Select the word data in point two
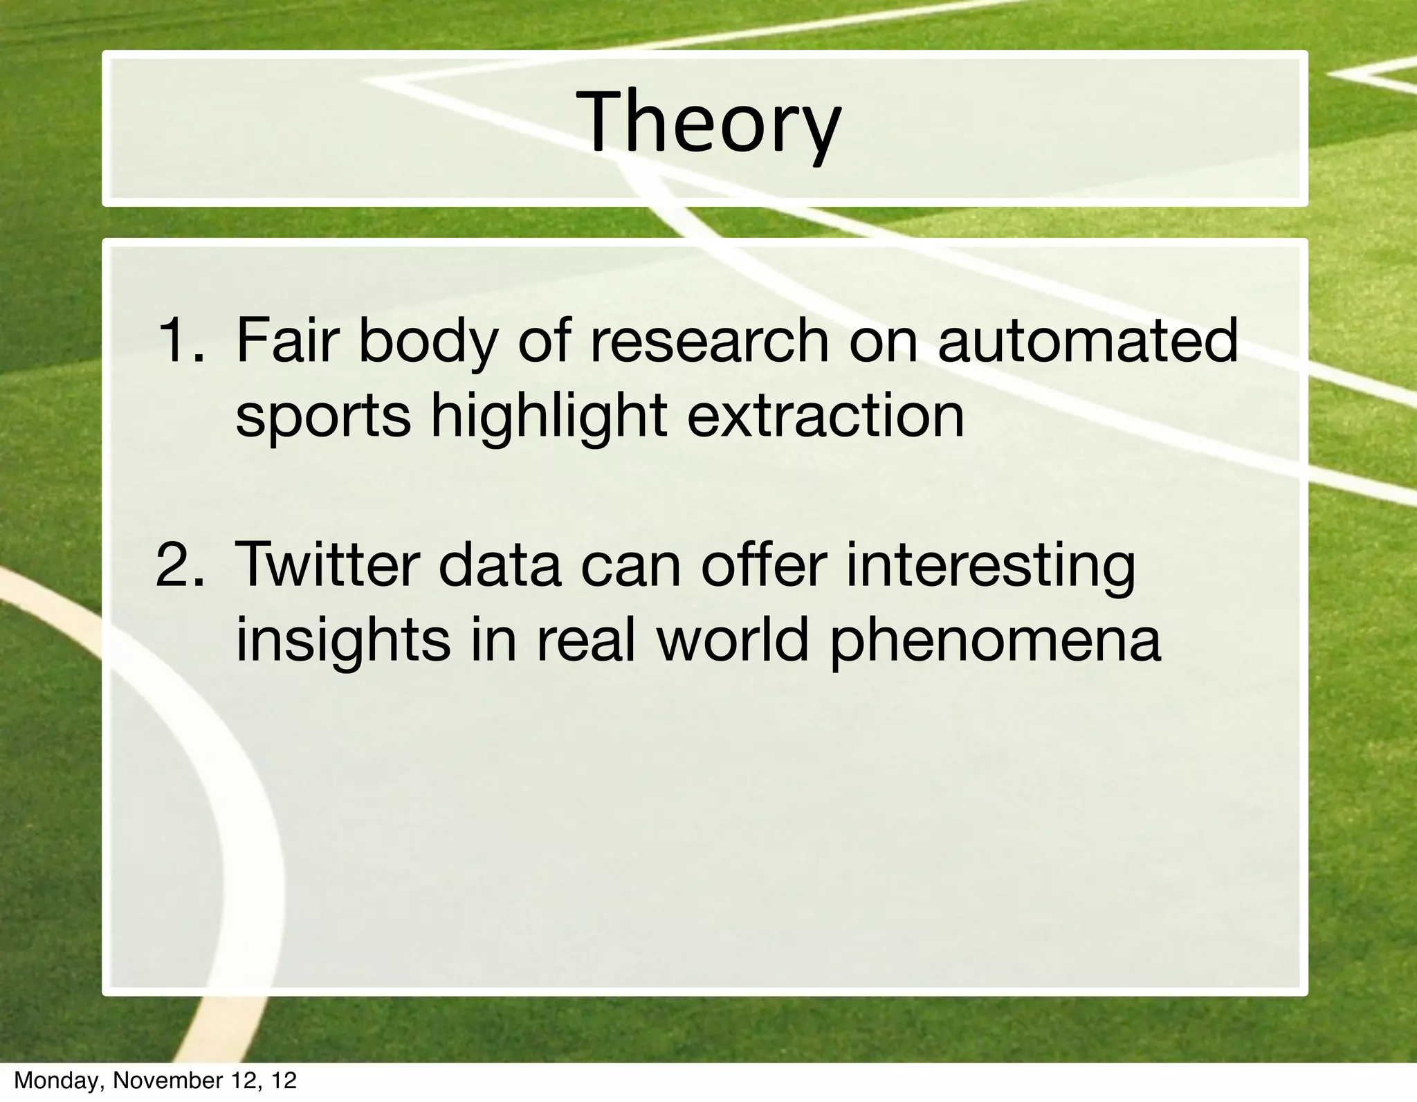coord(498,565)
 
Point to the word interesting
coord(991,565)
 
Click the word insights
coord(342,641)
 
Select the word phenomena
coord(995,641)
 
